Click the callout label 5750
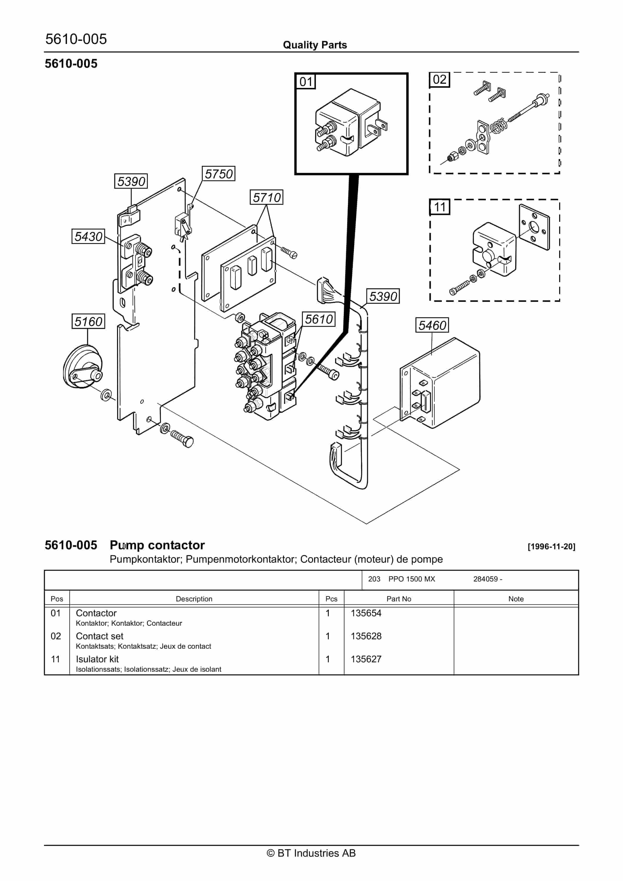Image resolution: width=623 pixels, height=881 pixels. (x=219, y=174)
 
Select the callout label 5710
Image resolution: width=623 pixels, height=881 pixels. (x=266, y=197)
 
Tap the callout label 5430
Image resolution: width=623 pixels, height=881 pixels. (x=88, y=236)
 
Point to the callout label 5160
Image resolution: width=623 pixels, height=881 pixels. (x=88, y=321)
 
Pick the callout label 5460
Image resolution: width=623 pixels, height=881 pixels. (x=432, y=325)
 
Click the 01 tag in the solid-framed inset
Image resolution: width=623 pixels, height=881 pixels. (x=306, y=82)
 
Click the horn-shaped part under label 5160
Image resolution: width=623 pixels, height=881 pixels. (x=82, y=366)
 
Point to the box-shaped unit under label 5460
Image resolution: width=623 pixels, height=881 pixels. (x=442, y=384)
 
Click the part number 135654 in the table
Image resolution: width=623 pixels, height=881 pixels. (x=366, y=613)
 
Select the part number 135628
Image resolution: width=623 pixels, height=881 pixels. (x=366, y=636)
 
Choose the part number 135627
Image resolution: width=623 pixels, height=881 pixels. (x=366, y=659)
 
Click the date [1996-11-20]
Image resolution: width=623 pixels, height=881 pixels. (x=551, y=546)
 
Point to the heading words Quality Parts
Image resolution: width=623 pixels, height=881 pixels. (x=315, y=45)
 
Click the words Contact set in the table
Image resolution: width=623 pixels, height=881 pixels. (x=99, y=636)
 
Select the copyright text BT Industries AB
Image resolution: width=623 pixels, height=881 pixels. (x=311, y=853)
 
